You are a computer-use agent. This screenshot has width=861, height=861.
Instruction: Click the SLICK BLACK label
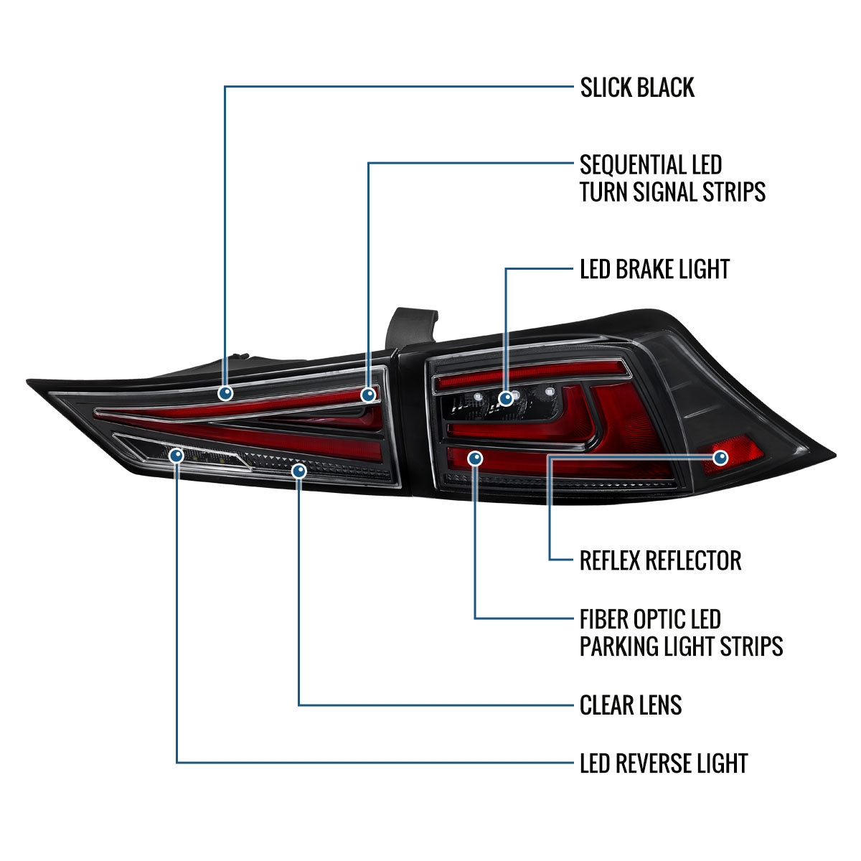click(636, 87)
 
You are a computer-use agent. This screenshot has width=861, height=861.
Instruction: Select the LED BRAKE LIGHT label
click(654, 269)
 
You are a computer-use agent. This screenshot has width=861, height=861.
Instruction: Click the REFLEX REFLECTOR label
click(660, 560)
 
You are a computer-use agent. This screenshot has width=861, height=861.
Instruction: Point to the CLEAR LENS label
click(631, 705)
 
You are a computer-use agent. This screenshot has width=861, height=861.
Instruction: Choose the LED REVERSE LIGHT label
click(664, 763)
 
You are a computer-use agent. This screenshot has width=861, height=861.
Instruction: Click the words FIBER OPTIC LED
click(650, 619)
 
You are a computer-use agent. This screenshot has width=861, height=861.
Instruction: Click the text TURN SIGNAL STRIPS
click(672, 192)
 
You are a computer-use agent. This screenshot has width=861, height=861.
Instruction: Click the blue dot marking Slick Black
click(225, 393)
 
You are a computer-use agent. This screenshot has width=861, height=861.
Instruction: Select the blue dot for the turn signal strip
click(368, 395)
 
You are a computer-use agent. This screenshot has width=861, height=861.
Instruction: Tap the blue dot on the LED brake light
click(506, 397)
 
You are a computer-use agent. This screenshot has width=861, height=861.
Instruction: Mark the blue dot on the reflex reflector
click(720, 458)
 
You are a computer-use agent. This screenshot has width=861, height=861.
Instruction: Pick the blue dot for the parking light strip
click(475, 458)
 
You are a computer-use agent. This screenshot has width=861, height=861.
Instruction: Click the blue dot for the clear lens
click(299, 471)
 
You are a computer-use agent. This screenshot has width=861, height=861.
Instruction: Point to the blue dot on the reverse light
click(177, 456)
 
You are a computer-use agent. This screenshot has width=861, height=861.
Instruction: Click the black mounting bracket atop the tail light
click(411, 329)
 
